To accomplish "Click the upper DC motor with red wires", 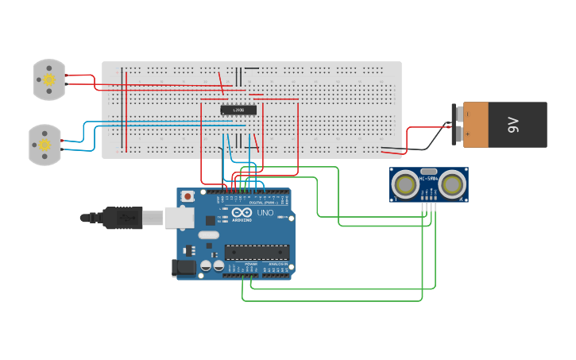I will [48, 79].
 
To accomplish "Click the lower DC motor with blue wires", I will [44, 145].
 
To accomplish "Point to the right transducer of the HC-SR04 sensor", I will [452, 185].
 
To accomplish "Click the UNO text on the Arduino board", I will [265, 213].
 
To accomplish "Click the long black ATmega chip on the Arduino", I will [256, 253].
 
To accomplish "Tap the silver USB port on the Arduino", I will [180, 217].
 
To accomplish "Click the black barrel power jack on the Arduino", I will [184, 268].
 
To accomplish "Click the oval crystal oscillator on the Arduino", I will [208, 234].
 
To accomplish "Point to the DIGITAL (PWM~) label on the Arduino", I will [262, 203].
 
